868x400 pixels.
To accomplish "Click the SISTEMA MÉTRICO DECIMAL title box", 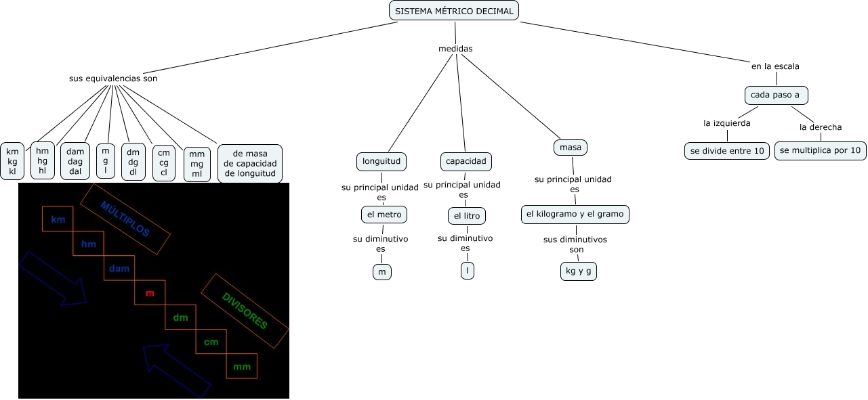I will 454,11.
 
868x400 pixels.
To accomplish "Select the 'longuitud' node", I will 381,161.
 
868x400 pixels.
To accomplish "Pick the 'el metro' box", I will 384,215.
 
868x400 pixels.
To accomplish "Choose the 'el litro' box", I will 466,216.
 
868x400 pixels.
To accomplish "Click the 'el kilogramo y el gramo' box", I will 575,214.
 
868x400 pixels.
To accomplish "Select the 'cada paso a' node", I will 775,95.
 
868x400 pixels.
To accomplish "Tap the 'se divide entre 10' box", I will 726,150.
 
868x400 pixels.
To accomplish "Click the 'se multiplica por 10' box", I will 820,150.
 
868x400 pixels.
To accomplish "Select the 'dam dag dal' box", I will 75,162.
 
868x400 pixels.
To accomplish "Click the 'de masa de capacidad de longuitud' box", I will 249,163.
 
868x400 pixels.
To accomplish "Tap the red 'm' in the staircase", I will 150,293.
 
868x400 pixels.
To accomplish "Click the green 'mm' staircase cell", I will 242,366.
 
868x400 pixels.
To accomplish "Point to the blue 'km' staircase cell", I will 58,219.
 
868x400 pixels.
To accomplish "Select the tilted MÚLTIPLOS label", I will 125,219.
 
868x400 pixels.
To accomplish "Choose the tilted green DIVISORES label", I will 245,311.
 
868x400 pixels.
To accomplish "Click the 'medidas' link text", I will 455,49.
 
